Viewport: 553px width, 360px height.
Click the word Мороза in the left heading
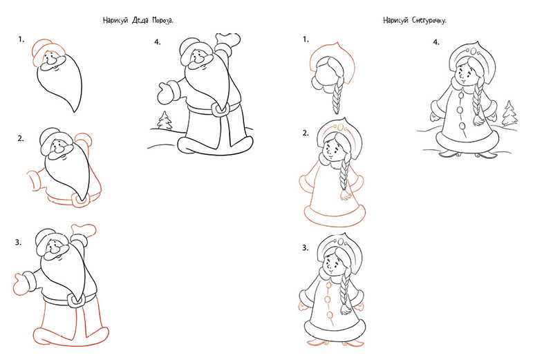(x=162, y=20)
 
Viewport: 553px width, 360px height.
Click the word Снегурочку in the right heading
(x=429, y=20)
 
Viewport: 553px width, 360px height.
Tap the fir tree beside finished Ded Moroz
(x=165, y=121)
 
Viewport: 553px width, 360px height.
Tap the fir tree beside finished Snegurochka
(x=509, y=113)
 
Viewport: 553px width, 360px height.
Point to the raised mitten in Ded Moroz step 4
(x=227, y=39)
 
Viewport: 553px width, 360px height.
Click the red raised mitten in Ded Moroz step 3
(x=83, y=229)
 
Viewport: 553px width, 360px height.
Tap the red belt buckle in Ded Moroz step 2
(x=80, y=200)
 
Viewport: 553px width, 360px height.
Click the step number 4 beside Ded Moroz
(x=158, y=42)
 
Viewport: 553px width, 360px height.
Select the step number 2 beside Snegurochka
(x=306, y=133)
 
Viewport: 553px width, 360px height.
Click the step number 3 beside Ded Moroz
(x=19, y=243)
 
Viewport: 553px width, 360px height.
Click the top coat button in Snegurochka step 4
(x=460, y=94)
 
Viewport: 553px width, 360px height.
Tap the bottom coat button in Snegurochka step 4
(x=462, y=126)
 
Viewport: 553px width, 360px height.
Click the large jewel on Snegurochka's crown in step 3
(x=341, y=242)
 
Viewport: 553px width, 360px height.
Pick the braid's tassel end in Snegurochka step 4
(x=478, y=120)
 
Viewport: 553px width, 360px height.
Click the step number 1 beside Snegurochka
(x=306, y=39)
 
